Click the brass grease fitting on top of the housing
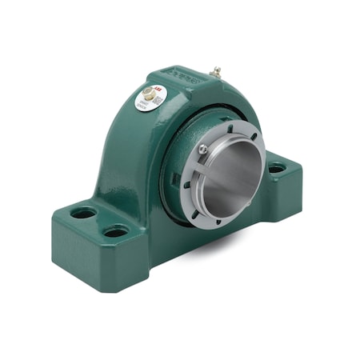(215, 72)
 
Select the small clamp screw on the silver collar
(203, 149)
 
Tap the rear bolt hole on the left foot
(82, 213)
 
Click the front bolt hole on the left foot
(116, 231)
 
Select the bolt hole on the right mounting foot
(276, 169)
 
